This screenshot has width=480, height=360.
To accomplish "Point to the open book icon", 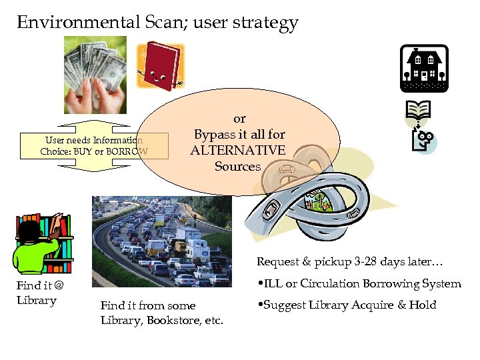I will click(418, 110).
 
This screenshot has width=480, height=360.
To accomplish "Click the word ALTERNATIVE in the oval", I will click(238, 151).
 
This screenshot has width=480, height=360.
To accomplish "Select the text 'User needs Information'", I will click(93, 141).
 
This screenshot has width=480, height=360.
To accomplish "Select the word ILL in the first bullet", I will click(272, 284).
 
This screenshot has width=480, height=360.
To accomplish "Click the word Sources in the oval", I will click(238, 167).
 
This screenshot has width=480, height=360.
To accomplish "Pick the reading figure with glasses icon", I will click(424, 141).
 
